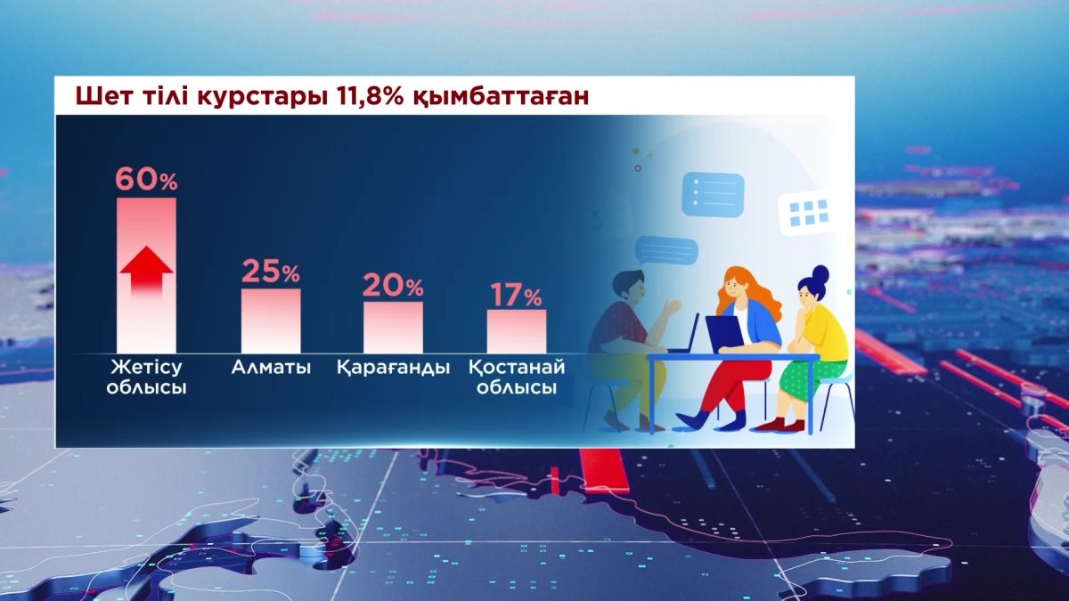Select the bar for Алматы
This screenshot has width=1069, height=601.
[x=271, y=321]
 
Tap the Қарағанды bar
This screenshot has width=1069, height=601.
[x=393, y=327]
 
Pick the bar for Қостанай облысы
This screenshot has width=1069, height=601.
[x=516, y=330]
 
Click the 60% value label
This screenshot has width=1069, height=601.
[x=146, y=180]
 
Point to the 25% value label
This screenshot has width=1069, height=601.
[x=271, y=272]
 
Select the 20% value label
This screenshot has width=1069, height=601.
[x=393, y=286]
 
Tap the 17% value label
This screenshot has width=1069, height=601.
[x=516, y=295]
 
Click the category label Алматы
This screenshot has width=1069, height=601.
[x=271, y=367]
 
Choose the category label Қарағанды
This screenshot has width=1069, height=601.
[x=393, y=367]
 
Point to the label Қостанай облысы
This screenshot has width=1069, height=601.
[x=516, y=378]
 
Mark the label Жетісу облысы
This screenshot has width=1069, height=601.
[x=146, y=378]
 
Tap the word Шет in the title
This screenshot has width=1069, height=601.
[x=99, y=96]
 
